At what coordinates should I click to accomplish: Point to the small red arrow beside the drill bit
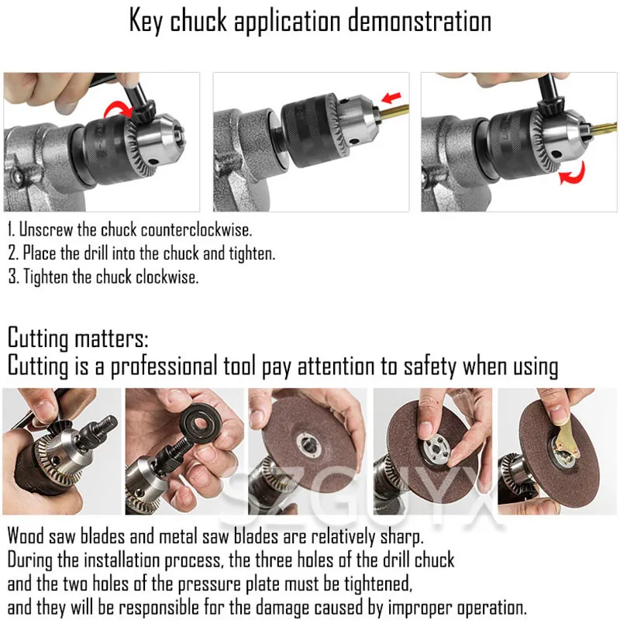coord(393,97)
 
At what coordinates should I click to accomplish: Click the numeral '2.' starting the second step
coord(13,253)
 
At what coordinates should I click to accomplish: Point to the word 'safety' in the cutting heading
coord(420,366)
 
